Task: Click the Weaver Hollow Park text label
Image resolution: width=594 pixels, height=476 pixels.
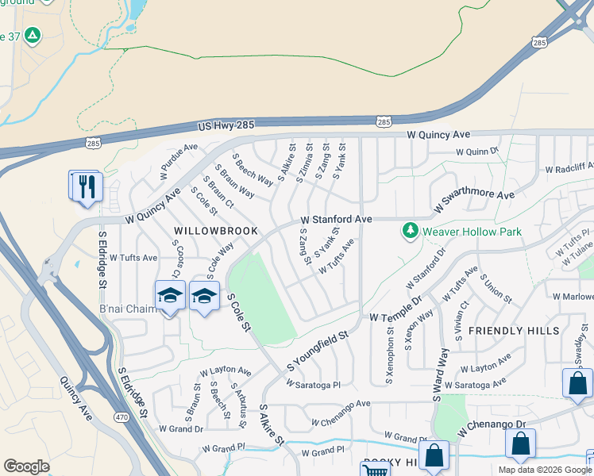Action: (x=472, y=232)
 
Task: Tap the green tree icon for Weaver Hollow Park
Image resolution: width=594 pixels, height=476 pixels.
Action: (x=410, y=231)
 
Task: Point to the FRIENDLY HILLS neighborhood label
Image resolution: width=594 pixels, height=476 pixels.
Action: (x=514, y=330)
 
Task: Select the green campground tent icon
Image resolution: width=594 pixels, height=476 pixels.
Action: (x=33, y=35)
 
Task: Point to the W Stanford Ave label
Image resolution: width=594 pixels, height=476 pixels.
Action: (x=336, y=219)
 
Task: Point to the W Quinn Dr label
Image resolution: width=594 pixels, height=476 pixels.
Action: (x=476, y=151)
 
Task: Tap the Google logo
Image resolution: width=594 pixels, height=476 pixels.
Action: (x=26, y=466)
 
